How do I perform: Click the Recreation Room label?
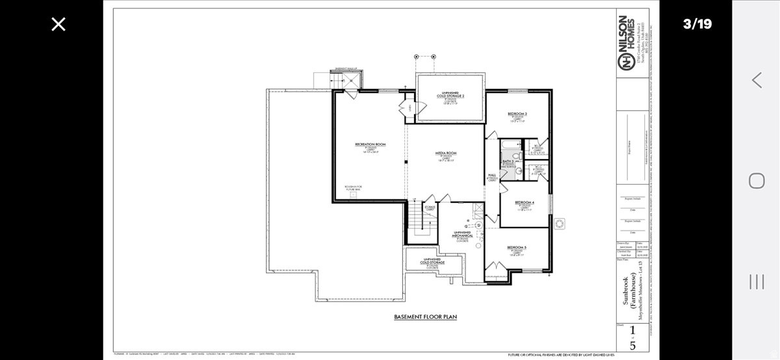[370, 144]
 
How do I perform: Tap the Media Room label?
[446, 153]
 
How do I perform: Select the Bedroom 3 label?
[517, 114]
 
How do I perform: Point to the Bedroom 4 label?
[525, 202]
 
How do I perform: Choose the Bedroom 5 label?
[517, 248]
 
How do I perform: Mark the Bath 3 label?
[508, 161]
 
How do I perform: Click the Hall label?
[492, 175]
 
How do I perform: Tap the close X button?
[58, 25]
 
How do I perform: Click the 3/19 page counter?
[697, 24]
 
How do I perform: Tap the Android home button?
[757, 180]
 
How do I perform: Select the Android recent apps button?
[757, 281]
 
